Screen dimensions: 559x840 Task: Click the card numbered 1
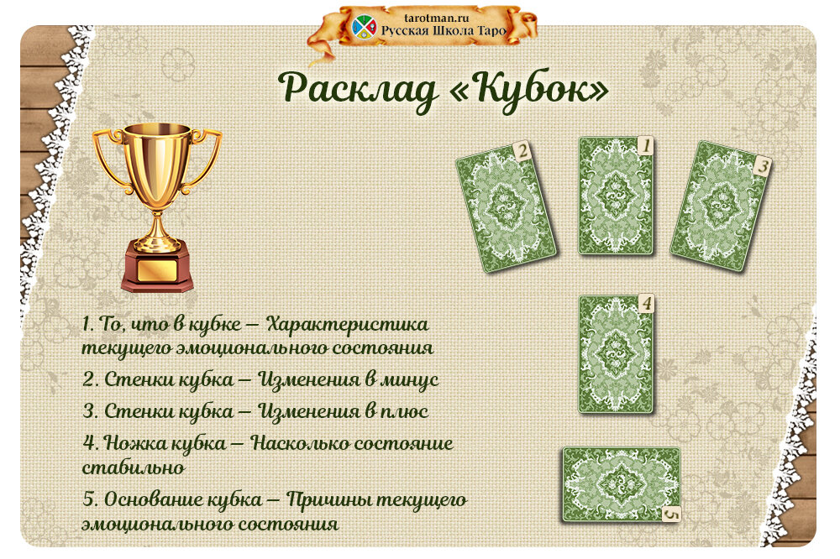[616, 196]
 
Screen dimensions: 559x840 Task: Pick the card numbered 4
[616, 353]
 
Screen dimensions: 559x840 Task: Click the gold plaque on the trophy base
[156, 270]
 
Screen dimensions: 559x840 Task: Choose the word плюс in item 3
[400, 412]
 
